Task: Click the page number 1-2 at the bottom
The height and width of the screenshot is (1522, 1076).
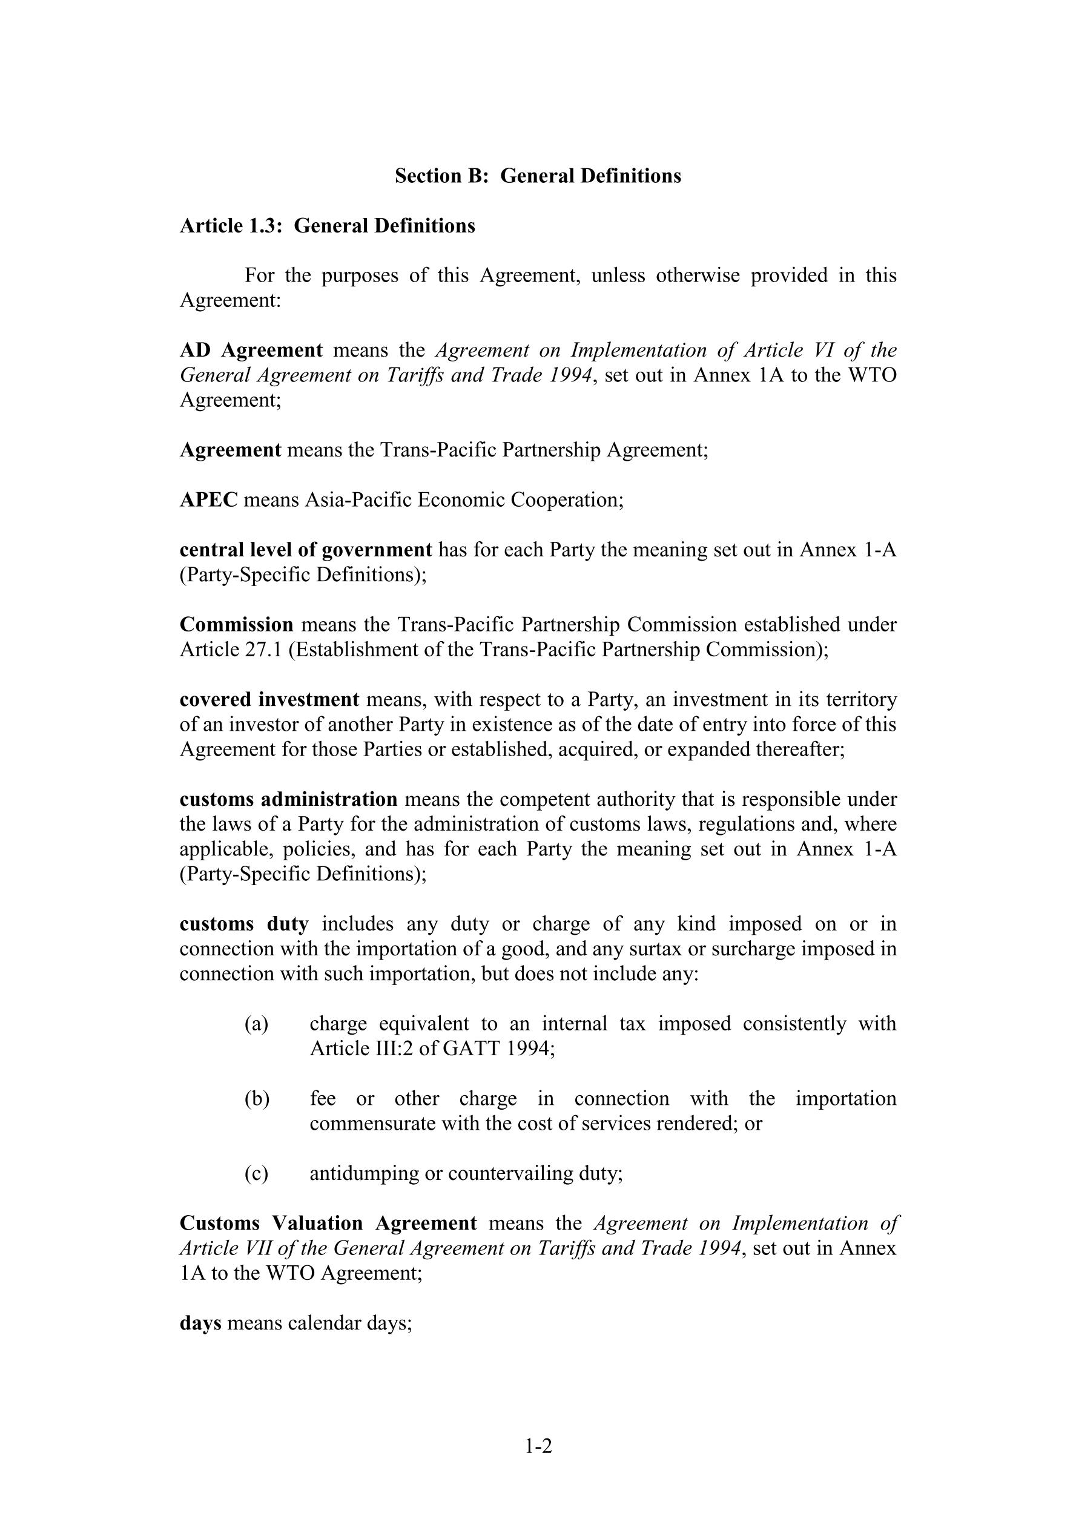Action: tap(538, 1446)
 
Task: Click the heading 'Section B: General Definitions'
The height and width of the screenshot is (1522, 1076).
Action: tap(538, 176)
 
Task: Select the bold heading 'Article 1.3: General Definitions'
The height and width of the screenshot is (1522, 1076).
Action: tap(328, 226)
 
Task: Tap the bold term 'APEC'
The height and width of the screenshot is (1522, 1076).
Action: tap(209, 500)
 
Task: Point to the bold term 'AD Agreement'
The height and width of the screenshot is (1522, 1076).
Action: tap(251, 350)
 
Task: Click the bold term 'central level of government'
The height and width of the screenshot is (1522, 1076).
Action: tap(306, 550)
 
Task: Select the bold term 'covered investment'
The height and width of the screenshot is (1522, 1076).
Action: tap(269, 699)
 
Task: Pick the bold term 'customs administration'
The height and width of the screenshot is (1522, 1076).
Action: tap(288, 800)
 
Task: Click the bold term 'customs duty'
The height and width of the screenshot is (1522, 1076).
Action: tap(244, 924)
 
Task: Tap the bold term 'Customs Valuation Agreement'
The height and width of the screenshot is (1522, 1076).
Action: tap(328, 1223)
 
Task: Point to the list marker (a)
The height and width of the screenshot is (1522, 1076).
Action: tap(257, 1024)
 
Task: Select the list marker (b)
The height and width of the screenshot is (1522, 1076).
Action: tap(257, 1098)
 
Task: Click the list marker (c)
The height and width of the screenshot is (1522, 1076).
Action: tap(257, 1173)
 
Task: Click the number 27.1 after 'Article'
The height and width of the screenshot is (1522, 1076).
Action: tap(260, 650)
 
